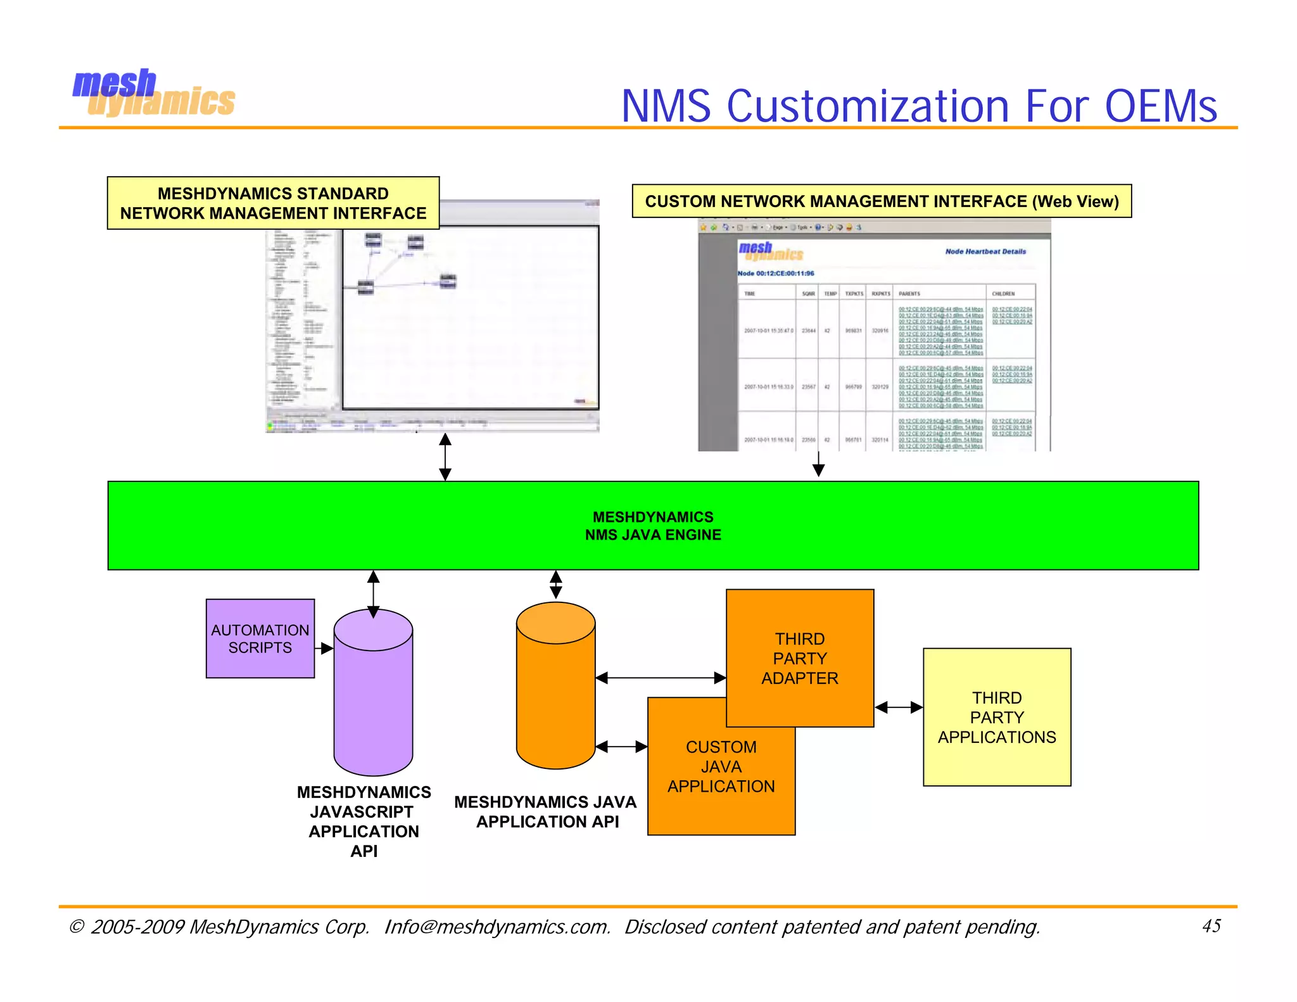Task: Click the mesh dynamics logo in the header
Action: [x=153, y=94]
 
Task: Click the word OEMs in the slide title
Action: [x=1160, y=106]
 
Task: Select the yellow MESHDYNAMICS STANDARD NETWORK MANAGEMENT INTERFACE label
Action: [x=273, y=203]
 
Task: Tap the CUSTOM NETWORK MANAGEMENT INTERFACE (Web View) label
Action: [x=882, y=201]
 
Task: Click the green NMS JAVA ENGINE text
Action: [x=653, y=526]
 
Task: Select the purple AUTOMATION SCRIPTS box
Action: [x=260, y=638]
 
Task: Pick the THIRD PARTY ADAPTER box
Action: [x=800, y=658]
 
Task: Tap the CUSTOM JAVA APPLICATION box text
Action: [x=721, y=767]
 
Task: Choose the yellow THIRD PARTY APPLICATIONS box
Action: [x=997, y=718]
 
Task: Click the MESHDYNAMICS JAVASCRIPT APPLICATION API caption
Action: [x=364, y=821]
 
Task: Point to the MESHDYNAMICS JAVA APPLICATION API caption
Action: [x=546, y=812]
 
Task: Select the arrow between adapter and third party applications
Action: [x=899, y=707]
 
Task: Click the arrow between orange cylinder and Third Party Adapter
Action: [x=661, y=678]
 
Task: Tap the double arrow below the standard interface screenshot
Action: [x=445, y=457]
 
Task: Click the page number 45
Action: [x=1211, y=926]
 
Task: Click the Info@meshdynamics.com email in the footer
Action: [x=497, y=927]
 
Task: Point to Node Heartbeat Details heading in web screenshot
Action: [x=985, y=251]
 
